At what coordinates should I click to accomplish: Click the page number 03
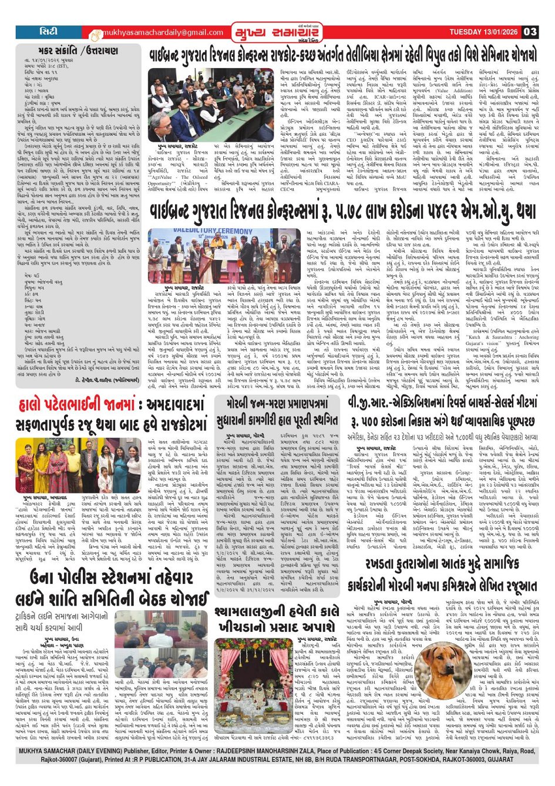tap(530, 32)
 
